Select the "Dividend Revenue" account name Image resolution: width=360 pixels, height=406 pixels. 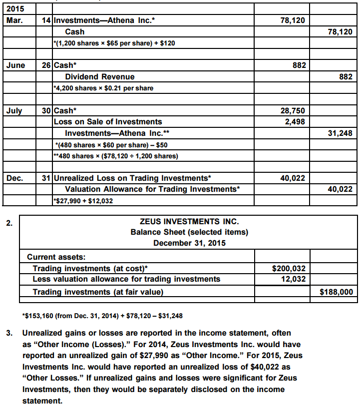click(100, 77)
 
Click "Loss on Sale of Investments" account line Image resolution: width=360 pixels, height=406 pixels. click(108, 121)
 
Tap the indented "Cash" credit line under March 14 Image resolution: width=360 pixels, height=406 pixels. click(75, 31)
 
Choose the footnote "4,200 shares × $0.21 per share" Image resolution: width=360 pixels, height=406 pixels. click(103, 88)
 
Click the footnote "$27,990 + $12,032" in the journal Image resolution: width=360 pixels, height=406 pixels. click(82, 200)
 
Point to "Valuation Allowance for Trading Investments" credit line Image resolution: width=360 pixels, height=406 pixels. click(152, 189)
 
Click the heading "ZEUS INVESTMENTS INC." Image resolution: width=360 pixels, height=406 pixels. click(189, 221)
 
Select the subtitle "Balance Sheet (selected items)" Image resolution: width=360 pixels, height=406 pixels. click(189, 232)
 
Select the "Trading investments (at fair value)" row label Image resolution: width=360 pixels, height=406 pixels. click(98, 292)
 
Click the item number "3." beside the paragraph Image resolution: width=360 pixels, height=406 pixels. click(9, 333)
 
